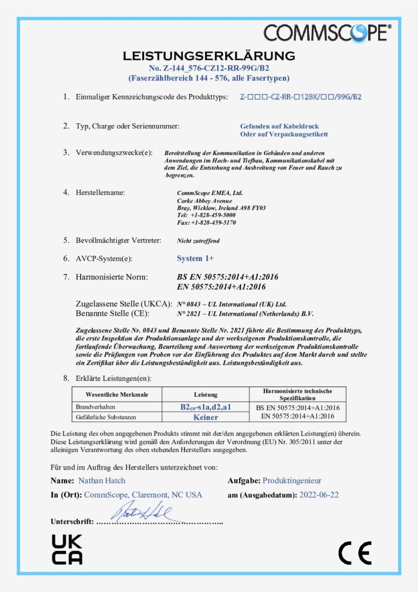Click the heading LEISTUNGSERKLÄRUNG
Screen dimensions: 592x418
tap(209, 56)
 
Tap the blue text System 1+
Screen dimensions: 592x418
tap(195, 258)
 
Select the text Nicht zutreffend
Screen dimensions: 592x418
tap(198, 240)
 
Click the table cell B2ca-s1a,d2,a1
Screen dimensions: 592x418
tap(206, 408)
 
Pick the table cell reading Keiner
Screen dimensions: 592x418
tap(206, 416)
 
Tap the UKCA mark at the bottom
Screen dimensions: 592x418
tap(67, 549)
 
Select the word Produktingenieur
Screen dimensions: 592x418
tap(292, 480)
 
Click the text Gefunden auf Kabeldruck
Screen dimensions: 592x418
tap(279, 126)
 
